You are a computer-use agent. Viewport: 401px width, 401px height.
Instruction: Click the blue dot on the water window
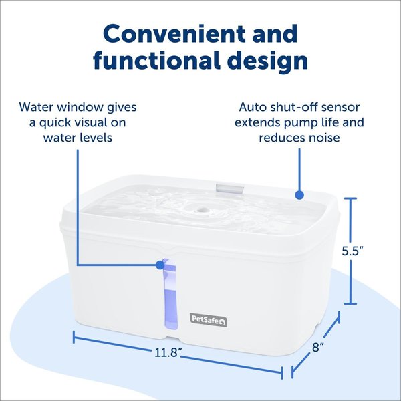(x=160, y=265)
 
